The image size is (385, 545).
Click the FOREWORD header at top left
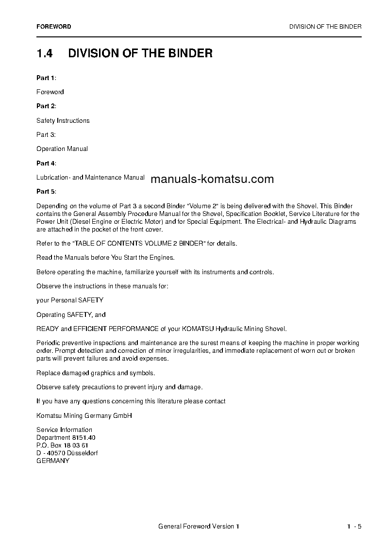[53, 27]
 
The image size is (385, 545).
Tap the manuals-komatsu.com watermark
[212, 180]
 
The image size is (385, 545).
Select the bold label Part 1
[46, 78]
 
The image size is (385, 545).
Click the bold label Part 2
[46, 106]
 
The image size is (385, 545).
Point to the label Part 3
[46, 134]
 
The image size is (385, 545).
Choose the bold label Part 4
[46, 163]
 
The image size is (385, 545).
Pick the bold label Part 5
[46, 192]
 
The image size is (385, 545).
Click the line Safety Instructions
[63, 120]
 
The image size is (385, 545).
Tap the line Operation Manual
[62, 149]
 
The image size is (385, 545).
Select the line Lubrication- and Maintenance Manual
[90, 178]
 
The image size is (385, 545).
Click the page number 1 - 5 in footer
[354, 527]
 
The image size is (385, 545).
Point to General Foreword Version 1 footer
[199, 527]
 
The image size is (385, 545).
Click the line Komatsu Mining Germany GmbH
[84, 415]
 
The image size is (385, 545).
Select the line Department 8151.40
[66, 437]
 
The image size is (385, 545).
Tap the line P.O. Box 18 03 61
[62, 445]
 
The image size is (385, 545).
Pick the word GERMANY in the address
[53, 461]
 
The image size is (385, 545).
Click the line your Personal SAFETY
[70, 300]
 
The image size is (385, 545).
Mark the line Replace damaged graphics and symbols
[96, 373]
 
